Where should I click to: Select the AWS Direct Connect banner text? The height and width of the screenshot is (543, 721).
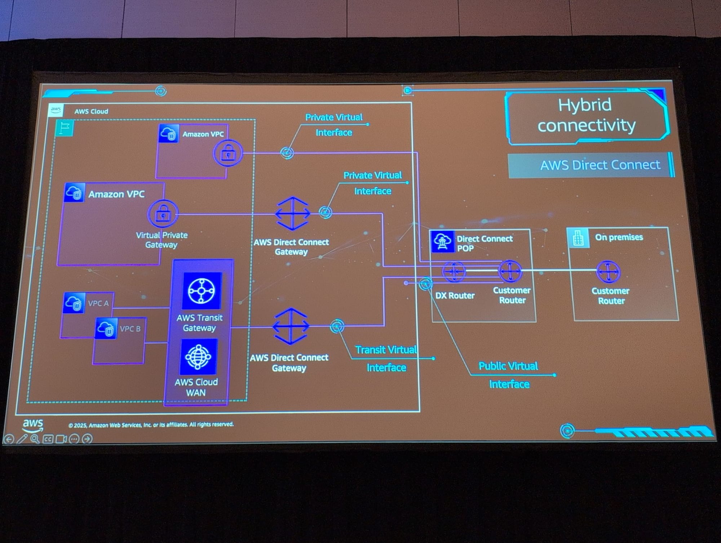[x=600, y=165]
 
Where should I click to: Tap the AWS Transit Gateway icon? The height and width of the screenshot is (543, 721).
[x=202, y=291]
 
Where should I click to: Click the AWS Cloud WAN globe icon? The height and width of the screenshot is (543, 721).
[x=198, y=357]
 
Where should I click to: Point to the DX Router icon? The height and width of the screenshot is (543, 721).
[x=454, y=271]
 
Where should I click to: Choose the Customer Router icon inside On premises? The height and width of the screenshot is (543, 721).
[x=608, y=271]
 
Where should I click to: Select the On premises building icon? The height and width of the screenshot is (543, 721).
[x=578, y=238]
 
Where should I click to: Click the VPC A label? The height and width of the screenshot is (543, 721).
[x=98, y=304]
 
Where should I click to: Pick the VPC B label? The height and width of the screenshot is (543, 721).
[x=130, y=329]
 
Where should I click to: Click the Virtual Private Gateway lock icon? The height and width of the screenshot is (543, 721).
[x=163, y=215]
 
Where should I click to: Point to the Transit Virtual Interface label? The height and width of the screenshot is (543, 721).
[x=386, y=358]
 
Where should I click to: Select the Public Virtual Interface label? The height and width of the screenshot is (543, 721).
[x=509, y=375]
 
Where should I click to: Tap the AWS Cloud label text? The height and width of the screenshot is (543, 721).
[x=91, y=111]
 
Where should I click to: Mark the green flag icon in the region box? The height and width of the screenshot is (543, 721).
[x=65, y=128]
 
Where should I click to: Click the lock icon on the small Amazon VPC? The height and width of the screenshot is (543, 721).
[x=228, y=154]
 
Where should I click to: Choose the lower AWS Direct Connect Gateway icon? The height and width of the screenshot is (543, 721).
[x=291, y=326]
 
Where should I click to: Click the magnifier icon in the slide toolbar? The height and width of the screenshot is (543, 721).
[x=35, y=439]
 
